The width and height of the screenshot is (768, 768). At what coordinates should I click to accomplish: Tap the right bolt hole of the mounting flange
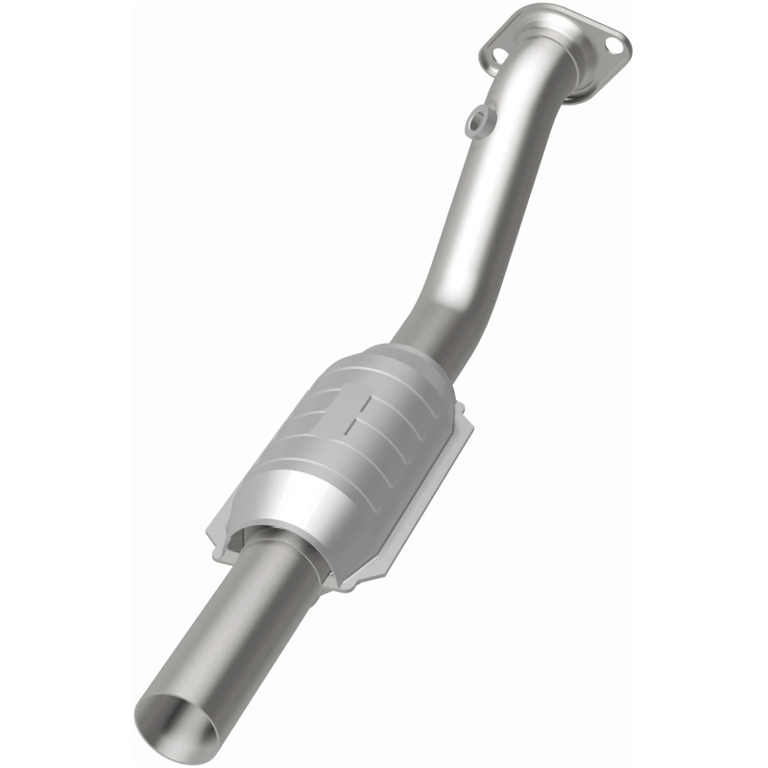617,43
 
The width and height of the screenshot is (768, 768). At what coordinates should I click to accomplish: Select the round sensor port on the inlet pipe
476,121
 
